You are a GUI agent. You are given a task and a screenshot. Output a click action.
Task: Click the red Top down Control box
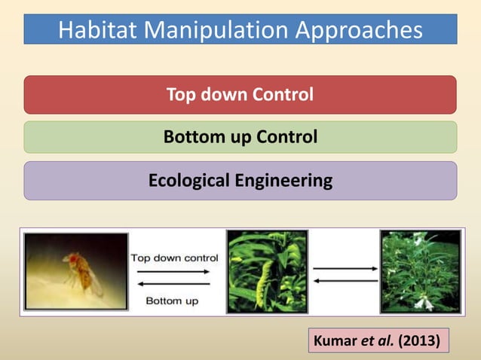pyautogui.click(x=240, y=95)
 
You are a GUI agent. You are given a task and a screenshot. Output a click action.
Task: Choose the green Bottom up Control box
pyautogui.click(x=240, y=138)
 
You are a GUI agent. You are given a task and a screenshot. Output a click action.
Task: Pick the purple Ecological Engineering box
pyautogui.click(x=240, y=181)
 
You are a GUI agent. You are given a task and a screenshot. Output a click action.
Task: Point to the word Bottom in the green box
pyautogui.click(x=189, y=138)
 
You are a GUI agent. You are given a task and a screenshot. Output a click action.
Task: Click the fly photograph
pyautogui.click(x=76, y=271)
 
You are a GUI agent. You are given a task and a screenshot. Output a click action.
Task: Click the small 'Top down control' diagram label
pyautogui.click(x=175, y=258)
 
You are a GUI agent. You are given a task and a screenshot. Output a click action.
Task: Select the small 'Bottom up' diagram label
pyautogui.click(x=171, y=301)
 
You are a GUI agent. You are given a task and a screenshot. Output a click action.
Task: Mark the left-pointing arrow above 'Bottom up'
pyautogui.click(x=174, y=283)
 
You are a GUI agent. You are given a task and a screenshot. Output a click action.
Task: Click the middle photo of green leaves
pyautogui.click(x=267, y=271)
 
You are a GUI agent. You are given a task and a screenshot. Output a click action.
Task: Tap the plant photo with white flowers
pyautogui.click(x=420, y=271)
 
